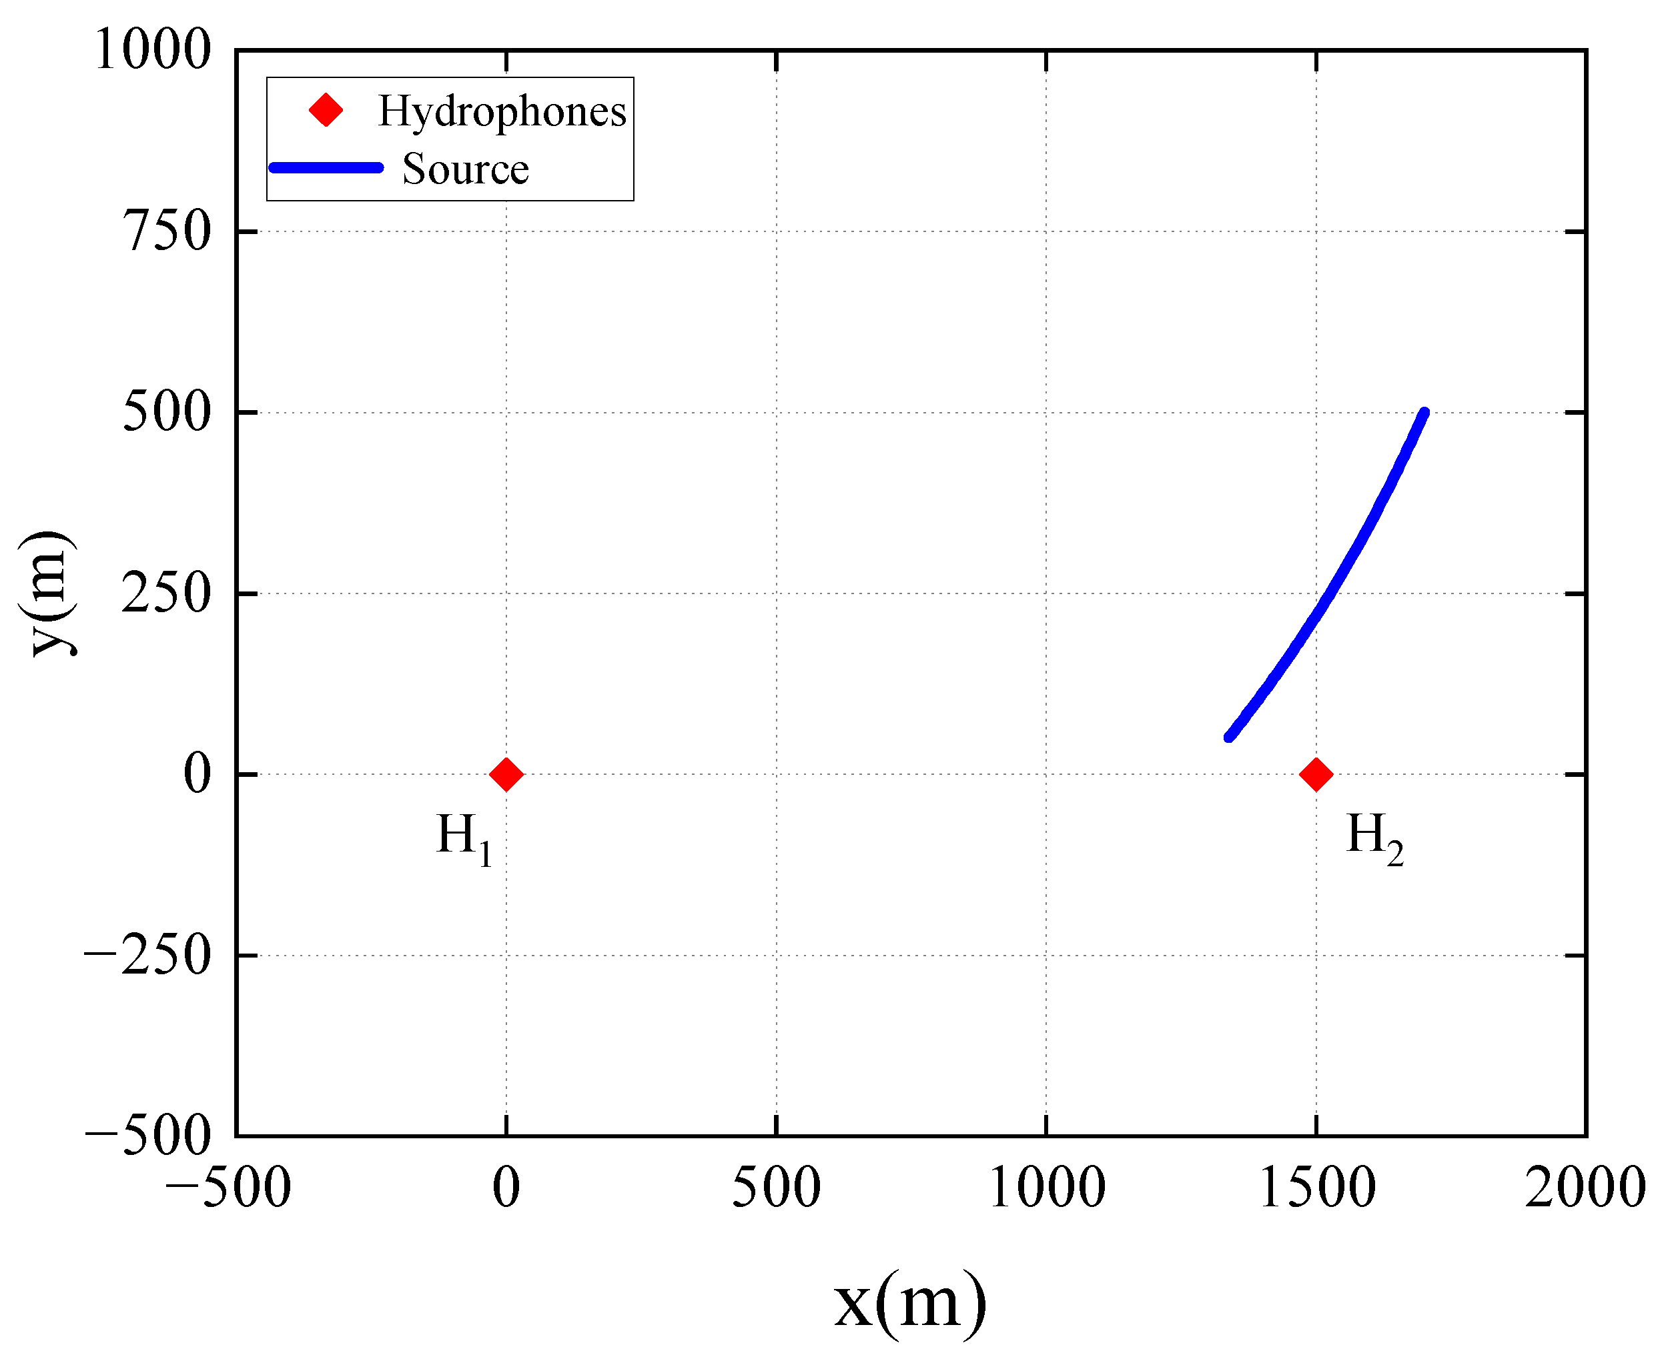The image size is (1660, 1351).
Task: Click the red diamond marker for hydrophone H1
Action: (506, 774)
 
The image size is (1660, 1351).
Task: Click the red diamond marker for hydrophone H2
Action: (1316, 774)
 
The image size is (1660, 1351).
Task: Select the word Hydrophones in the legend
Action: (502, 111)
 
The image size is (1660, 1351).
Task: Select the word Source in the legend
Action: (466, 169)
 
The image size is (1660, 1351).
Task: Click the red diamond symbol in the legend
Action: (326, 111)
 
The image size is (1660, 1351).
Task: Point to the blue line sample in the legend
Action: (326, 167)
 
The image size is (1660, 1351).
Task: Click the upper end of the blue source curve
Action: (1424, 413)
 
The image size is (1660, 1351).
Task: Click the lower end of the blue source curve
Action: (1228, 736)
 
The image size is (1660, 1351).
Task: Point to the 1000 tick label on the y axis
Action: (153, 51)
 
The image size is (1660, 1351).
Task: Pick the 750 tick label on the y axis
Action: (167, 231)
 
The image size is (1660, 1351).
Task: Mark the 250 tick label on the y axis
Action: (167, 593)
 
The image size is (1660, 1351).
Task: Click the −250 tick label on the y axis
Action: (148, 955)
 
